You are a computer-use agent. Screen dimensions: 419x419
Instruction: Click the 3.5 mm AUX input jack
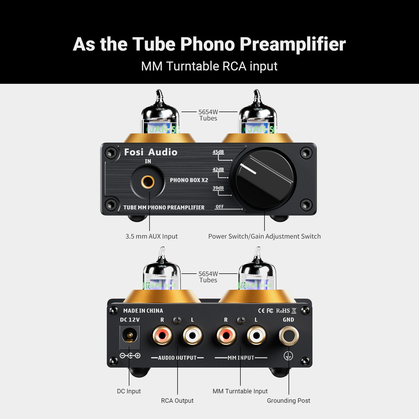coord(148,182)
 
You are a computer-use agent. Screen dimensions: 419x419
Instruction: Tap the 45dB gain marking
coord(218,152)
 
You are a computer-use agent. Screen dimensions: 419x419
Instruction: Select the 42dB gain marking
coord(218,169)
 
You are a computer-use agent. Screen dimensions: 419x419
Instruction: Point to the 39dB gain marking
coord(218,188)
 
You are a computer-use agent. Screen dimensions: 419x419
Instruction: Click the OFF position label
coord(219,207)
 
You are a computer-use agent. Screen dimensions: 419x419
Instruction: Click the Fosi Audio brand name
coord(151,152)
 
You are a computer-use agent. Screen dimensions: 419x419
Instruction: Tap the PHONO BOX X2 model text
coord(189,180)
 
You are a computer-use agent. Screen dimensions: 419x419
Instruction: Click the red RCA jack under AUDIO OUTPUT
coord(162,335)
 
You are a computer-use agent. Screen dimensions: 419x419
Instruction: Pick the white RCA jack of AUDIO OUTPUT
coord(192,335)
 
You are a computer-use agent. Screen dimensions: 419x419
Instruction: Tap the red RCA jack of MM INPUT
coord(226,335)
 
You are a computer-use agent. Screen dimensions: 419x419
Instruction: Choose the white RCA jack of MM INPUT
coord(256,335)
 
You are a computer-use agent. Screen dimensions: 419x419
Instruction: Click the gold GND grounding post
coord(289,335)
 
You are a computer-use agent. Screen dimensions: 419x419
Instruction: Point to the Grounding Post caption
coord(288,401)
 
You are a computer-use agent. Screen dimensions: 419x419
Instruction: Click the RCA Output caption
coord(177,401)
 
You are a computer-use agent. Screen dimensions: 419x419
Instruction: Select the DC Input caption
coord(129,391)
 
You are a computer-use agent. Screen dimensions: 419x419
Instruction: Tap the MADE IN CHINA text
coord(143,311)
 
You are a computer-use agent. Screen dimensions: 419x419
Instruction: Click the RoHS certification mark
coord(283,311)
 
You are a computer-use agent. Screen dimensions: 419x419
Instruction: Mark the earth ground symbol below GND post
coord(288,356)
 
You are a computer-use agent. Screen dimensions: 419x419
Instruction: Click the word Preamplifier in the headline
coord(293,44)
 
